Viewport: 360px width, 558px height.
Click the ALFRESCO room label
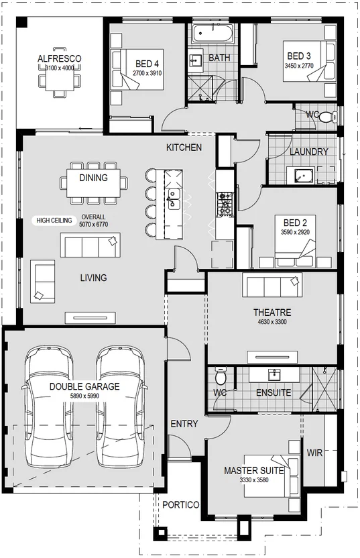click(x=60, y=58)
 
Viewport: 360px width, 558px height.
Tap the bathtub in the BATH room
click(x=213, y=34)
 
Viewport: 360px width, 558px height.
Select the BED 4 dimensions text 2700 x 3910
click(x=147, y=73)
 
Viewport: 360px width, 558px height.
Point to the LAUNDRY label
click(x=309, y=152)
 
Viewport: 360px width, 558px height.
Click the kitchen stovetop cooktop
click(x=225, y=205)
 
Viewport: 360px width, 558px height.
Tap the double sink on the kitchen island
click(x=174, y=199)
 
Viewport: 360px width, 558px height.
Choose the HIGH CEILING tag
click(x=54, y=220)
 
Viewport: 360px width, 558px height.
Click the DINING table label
click(x=93, y=178)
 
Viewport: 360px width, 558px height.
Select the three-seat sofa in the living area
click(x=90, y=245)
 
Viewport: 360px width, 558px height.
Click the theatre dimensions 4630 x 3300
click(x=272, y=322)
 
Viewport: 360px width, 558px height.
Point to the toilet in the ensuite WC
click(x=221, y=376)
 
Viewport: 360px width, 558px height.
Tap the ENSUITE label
click(x=274, y=392)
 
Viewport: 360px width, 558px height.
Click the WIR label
click(x=314, y=453)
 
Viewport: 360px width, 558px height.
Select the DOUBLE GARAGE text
click(x=84, y=386)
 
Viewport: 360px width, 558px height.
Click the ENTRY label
click(x=184, y=424)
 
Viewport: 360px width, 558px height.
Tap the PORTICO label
click(x=181, y=505)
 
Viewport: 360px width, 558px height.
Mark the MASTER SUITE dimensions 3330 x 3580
click(x=254, y=480)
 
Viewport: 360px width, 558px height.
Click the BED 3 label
click(x=299, y=56)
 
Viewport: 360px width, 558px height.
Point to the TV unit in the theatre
click(x=272, y=357)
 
